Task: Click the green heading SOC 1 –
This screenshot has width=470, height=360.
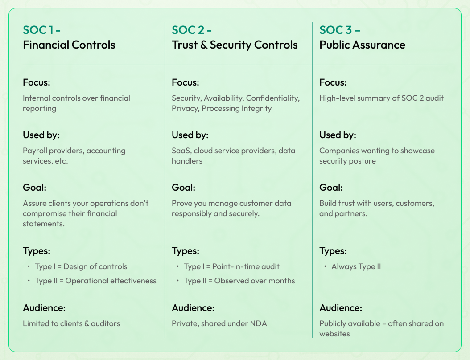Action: coord(41,30)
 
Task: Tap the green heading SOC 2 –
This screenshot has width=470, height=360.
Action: coord(192,30)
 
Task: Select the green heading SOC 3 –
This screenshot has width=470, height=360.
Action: coord(340,30)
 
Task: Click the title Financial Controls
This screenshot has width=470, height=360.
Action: coord(69,45)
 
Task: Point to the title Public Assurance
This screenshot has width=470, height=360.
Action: coord(362,45)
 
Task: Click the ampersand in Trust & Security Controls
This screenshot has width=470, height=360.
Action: coord(203,45)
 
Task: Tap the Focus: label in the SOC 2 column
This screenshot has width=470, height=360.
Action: coord(185,82)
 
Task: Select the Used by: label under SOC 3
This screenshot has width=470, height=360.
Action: coord(338,135)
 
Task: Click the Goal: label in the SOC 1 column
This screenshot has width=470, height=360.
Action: coord(34,188)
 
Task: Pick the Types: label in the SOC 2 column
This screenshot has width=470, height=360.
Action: coord(185,251)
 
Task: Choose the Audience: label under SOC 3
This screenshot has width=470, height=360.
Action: coord(341,308)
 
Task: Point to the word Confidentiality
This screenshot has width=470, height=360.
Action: coord(273,98)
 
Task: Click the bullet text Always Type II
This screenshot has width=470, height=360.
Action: coord(356,266)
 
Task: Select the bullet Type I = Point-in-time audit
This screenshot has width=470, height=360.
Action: coord(231,266)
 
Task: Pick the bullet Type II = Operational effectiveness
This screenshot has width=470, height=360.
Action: coord(95,281)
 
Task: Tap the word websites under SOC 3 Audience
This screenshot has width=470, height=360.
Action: coord(334,334)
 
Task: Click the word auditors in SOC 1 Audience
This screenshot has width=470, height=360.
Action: coord(106,324)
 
